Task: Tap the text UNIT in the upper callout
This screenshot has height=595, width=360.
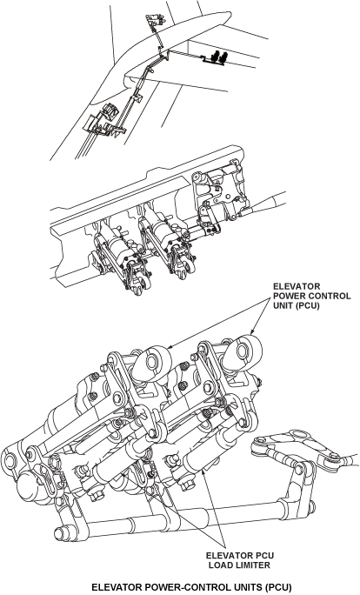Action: click(283, 305)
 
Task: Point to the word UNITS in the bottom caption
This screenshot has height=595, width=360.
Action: click(247, 587)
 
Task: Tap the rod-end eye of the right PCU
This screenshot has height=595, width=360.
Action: click(243, 351)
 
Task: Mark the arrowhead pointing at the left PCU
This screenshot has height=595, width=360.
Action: click(170, 346)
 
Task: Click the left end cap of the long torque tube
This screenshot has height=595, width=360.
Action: click(58, 533)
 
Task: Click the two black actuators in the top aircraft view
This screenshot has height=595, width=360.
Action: click(219, 57)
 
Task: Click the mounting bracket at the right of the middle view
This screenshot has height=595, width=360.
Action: click(218, 193)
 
